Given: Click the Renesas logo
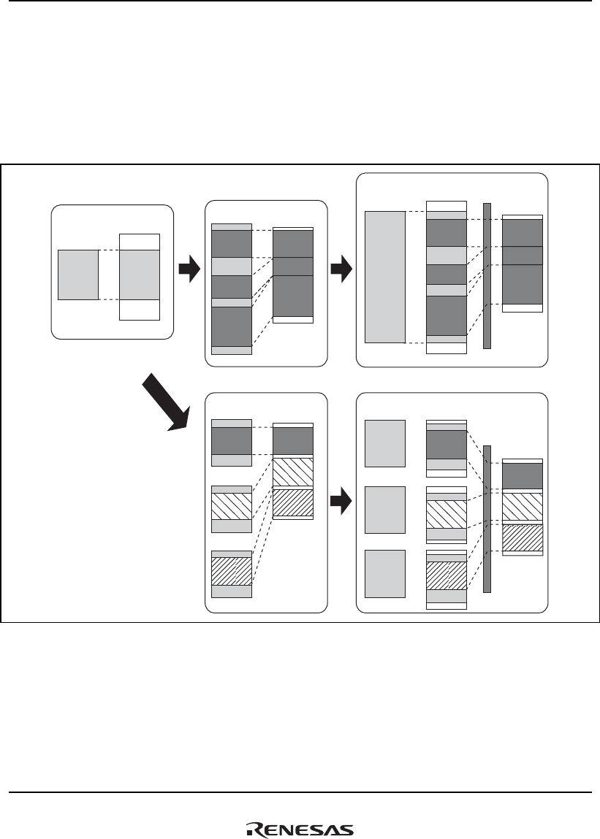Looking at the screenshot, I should [x=300, y=830].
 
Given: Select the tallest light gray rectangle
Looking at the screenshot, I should [x=384, y=277].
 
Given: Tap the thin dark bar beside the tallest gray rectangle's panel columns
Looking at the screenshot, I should [x=487, y=275].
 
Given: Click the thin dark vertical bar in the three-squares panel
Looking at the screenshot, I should [x=487, y=518].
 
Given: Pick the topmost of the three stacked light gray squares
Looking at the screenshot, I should [x=384, y=443].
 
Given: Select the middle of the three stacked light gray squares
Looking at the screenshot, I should [x=384, y=509].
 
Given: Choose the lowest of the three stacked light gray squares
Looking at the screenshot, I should [x=384, y=574].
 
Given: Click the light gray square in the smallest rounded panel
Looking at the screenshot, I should [x=78, y=275].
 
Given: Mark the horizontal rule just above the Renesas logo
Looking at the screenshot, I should [x=300, y=792].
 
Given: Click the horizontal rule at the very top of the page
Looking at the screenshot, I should [x=300, y=1].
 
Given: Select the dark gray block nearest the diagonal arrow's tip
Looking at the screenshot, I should [x=231, y=440].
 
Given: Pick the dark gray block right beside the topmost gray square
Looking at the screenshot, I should [x=446, y=444].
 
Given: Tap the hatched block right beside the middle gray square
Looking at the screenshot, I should [x=446, y=514].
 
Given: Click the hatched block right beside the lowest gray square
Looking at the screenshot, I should [x=446, y=575].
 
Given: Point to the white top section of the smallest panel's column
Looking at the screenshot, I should [x=140, y=242].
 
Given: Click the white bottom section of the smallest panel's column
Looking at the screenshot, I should [x=140, y=310].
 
